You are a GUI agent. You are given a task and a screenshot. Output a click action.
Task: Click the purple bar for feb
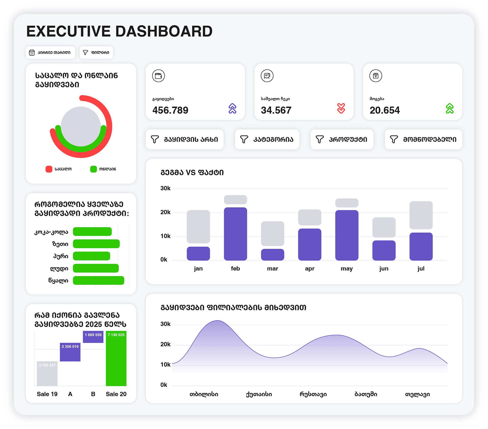click(235, 234)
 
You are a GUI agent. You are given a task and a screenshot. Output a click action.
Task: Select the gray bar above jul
click(421, 215)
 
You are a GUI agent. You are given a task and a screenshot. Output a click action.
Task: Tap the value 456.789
click(170, 110)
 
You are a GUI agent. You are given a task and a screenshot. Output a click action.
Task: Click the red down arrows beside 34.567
click(341, 108)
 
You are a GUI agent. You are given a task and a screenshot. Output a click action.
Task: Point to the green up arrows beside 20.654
click(450, 108)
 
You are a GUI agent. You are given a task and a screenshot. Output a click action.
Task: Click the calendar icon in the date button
click(32, 53)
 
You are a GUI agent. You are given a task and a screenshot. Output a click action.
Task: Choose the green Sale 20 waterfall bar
click(116, 359)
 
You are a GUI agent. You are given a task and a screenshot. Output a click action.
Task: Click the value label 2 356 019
click(70, 347)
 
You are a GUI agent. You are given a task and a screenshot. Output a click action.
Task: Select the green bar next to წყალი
click(99, 280)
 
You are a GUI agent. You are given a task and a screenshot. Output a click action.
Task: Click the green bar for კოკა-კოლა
click(92, 232)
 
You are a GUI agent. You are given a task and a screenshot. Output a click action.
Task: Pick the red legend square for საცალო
click(49, 169)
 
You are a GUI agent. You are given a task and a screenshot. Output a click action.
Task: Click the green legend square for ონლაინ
click(94, 169)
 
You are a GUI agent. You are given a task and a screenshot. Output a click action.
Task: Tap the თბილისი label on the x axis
click(204, 394)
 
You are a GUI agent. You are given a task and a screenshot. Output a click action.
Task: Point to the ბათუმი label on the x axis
click(366, 394)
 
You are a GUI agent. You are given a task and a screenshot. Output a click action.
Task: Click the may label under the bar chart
click(347, 269)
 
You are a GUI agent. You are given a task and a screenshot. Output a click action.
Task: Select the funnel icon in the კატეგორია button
click(244, 139)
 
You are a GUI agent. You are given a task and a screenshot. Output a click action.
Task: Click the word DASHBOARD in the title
click(164, 31)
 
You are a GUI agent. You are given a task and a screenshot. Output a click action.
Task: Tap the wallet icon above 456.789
click(158, 76)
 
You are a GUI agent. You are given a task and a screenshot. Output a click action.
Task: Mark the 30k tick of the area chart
click(165, 324)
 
